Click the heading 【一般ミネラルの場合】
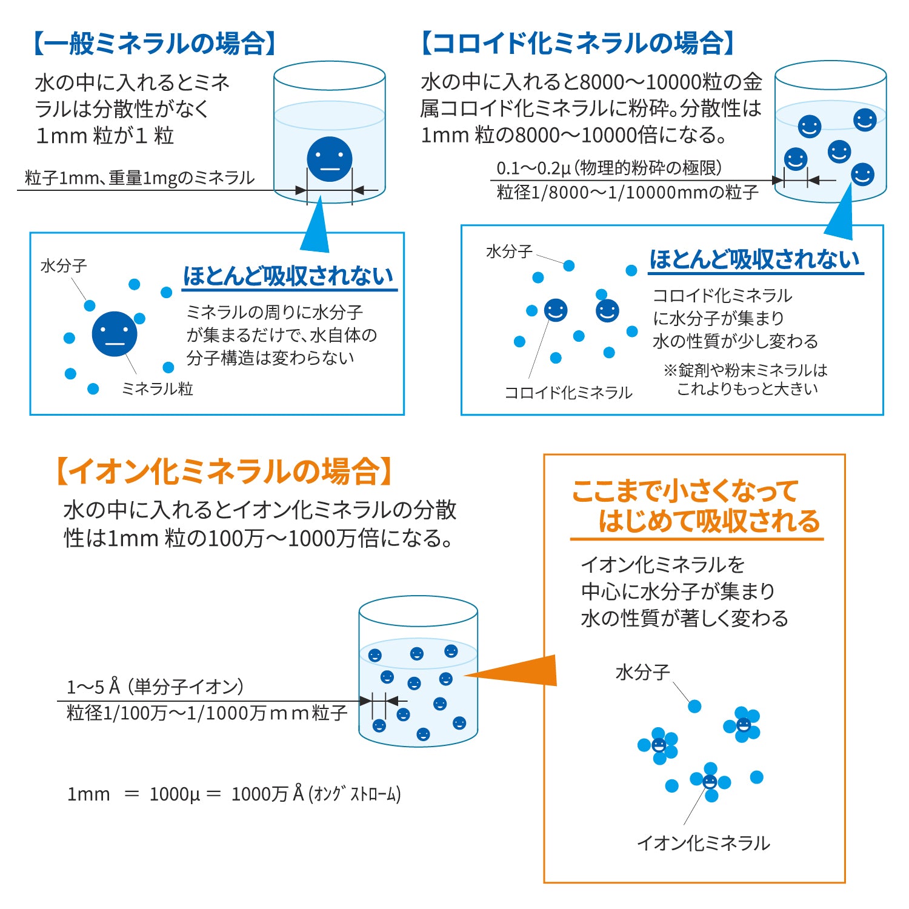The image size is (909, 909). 155,44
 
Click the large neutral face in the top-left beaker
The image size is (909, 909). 330,159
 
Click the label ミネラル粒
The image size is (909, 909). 158,388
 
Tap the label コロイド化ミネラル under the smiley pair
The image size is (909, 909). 568,393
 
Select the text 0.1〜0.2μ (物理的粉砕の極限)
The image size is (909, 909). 609,168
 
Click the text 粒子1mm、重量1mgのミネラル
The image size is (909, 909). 140,178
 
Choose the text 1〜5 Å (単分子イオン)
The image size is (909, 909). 155,687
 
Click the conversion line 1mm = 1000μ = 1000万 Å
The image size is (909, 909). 234,794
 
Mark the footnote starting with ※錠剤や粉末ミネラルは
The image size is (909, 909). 745,379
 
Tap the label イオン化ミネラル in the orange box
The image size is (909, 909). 704,843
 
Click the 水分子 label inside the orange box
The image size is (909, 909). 643,672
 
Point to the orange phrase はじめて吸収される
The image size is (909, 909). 709,522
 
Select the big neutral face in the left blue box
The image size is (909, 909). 115,334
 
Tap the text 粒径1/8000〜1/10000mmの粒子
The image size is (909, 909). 628,192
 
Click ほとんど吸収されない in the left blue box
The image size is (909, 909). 288,276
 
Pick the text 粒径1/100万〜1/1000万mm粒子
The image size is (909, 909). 207,713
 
